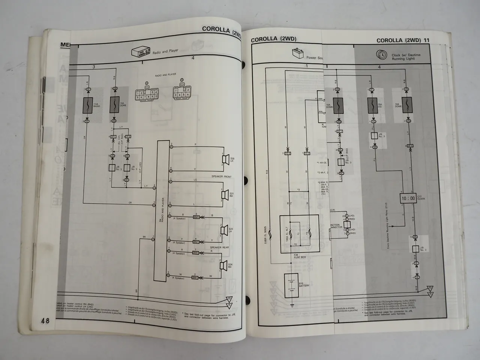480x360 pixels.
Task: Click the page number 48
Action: pyautogui.click(x=45, y=321)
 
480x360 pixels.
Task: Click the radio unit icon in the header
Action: pyautogui.click(x=141, y=52)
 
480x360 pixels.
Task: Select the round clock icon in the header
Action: pyautogui.click(x=381, y=55)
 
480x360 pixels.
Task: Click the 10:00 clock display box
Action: pyautogui.click(x=408, y=198)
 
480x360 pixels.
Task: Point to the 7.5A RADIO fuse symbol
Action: pyautogui.click(x=88, y=105)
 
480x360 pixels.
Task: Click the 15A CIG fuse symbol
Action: pyautogui.click(x=373, y=106)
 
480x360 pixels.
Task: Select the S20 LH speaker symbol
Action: pyautogui.click(x=225, y=159)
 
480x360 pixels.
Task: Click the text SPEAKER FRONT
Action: pyautogui.click(x=222, y=176)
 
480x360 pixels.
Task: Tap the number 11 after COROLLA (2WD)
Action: pyautogui.click(x=426, y=40)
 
